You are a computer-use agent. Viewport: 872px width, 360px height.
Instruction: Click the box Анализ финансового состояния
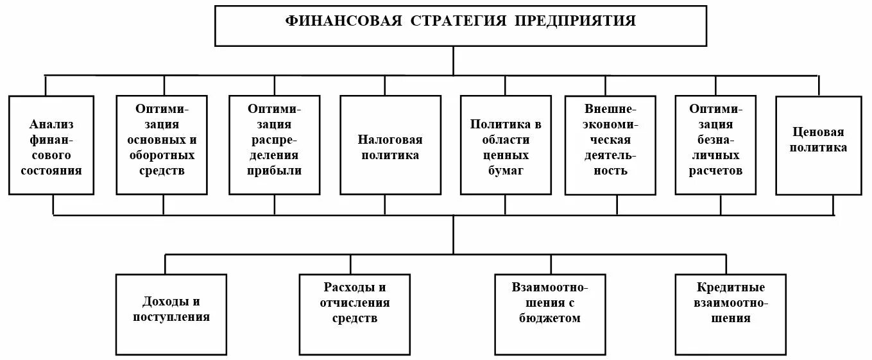(x=51, y=145)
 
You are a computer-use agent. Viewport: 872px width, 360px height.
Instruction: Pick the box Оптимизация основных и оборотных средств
(x=162, y=145)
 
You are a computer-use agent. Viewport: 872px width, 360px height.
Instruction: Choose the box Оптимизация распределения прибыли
(x=274, y=145)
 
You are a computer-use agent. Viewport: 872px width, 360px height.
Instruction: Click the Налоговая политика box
(x=390, y=145)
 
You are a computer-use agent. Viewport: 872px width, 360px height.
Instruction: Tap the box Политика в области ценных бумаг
(x=506, y=145)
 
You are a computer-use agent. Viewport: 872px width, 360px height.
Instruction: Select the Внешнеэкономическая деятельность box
(x=610, y=145)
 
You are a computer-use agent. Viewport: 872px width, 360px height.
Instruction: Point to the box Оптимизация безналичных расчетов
(x=715, y=145)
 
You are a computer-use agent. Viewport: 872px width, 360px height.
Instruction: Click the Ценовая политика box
(x=818, y=145)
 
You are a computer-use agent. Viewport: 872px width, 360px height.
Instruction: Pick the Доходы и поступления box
(x=171, y=314)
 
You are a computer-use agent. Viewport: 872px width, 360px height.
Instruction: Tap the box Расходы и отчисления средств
(x=355, y=314)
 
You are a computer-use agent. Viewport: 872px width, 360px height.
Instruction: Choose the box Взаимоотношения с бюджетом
(x=550, y=314)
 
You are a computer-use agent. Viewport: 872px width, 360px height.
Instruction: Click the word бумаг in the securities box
(x=506, y=171)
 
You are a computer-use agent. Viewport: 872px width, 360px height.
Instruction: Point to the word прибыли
(x=275, y=171)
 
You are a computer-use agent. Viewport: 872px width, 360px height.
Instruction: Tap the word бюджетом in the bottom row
(x=550, y=318)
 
